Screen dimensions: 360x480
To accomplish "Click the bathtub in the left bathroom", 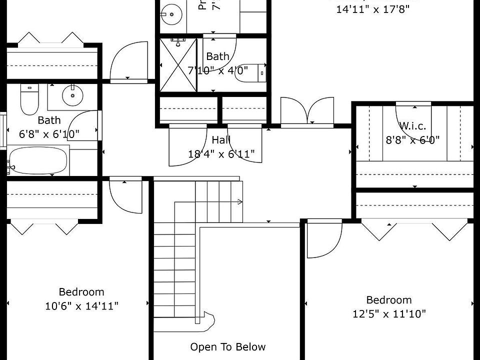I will [x=38, y=160].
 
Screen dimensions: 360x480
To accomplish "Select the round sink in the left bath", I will [x=72, y=95].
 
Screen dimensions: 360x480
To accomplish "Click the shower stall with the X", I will [x=178, y=65].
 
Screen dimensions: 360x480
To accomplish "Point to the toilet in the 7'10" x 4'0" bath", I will [x=249, y=72].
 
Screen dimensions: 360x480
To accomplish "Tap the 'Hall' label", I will [x=221, y=140].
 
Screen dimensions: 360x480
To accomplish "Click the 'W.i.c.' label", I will [x=412, y=126].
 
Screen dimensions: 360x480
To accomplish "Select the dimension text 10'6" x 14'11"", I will [x=81, y=306].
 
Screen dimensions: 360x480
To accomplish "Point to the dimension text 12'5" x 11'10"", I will [x=389, y=314].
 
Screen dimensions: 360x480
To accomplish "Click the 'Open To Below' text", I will [x=228, y=347].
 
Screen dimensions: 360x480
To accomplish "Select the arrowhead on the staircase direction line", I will [x=240, y=202].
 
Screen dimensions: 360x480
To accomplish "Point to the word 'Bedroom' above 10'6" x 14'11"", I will [x=81, y=292].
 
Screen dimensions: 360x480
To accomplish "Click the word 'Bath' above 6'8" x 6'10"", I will [x=49, y=120].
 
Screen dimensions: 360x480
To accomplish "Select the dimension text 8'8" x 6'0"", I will [x=412, y=140].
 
